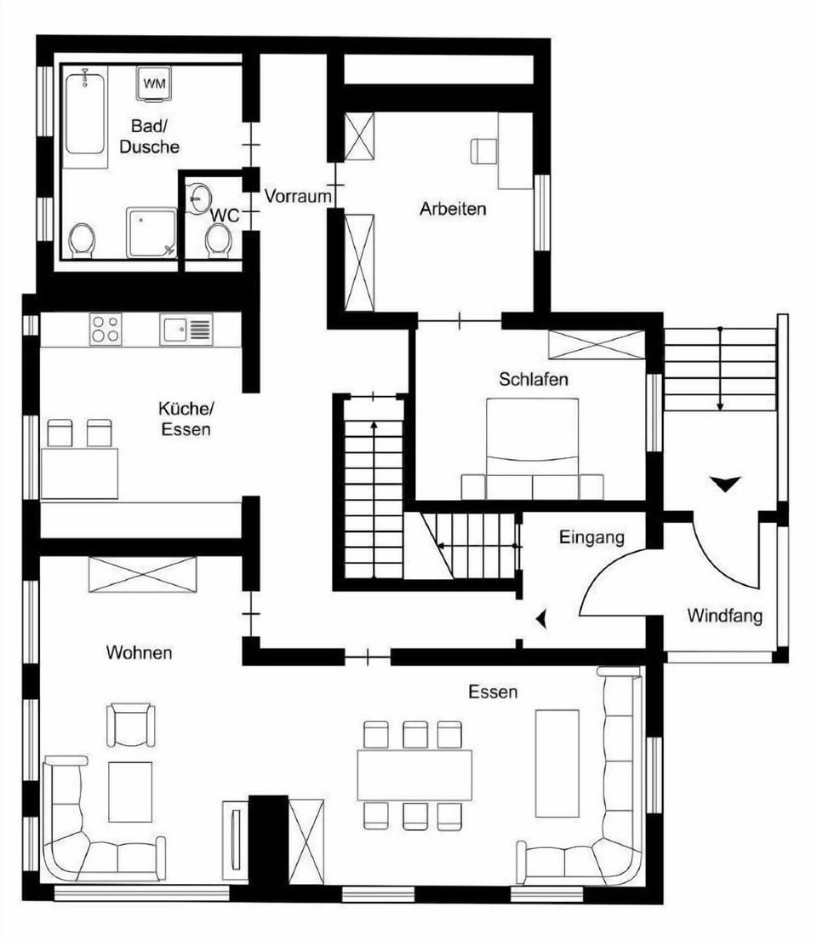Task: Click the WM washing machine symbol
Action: coord(154,83)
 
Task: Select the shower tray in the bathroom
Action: coord(151,232)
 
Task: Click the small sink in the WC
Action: coord(199,196)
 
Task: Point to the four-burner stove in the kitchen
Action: coord(105,329)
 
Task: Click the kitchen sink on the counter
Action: coord(186,330)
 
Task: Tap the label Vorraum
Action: coord(298,196)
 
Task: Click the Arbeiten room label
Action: coord(452,209)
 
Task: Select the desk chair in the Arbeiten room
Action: coord(483,152)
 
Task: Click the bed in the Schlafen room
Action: coord(532,448)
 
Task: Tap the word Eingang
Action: coord(591,537)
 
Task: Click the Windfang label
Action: coord(724,616)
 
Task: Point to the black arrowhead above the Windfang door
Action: coord(725,483)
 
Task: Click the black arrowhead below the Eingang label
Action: coord(541,619)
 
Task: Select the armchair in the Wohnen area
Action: coord(131,725)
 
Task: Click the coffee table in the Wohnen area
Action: coord(130,792)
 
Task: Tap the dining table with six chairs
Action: coord(414,775)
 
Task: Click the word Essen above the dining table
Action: coord(493,692)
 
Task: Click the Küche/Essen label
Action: coord(186,419)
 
